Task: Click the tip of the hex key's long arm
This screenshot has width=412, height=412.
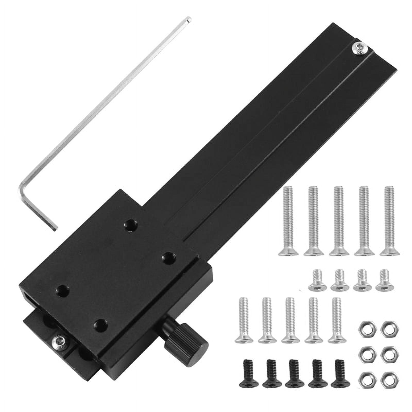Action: pyautogui.click(x=189, y=19)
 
